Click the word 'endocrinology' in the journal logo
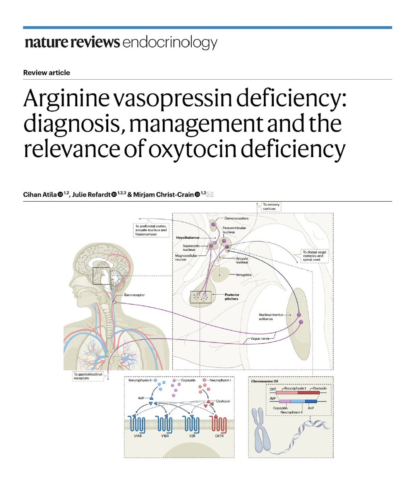point(170,43)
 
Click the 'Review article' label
point(47,73)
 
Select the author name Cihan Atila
point(40,195)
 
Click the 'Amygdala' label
point(244,275)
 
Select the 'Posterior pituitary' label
point(232,297)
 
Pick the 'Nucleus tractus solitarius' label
point(271,317)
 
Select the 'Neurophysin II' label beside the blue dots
point(140,380)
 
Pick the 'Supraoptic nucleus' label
point(187,247)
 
